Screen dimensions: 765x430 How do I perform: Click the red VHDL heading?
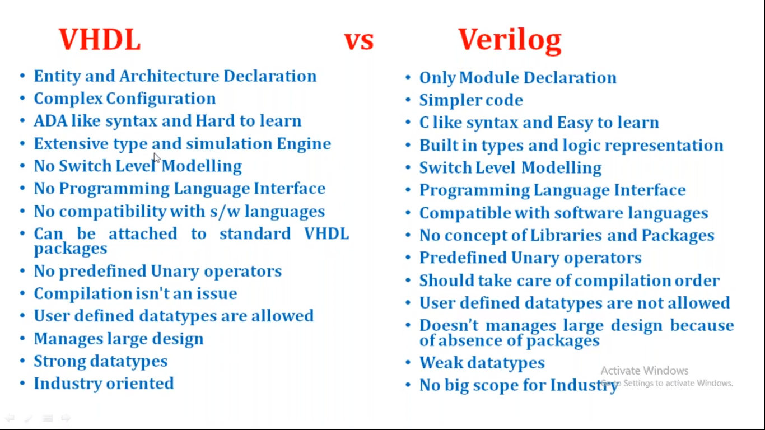click(100, 40)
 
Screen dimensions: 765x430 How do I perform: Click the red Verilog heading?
click(510, 41)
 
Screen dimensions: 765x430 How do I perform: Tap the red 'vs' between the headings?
click(358, 41)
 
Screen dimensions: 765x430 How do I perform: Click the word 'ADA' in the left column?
click(50, 121)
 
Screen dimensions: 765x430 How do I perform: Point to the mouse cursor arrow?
click(157, 158)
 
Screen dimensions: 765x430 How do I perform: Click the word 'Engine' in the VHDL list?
click(304, 144)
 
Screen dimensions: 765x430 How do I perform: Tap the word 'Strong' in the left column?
click(59, 362)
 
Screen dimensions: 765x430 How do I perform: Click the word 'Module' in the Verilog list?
click(489, 77)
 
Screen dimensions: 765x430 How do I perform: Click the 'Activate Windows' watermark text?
click(645, 371)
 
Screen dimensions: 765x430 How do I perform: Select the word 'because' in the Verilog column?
click(702, 325)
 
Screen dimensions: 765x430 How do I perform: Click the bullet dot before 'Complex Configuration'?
click(22, 99)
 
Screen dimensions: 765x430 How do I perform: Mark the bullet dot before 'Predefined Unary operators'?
click(408, 258)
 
